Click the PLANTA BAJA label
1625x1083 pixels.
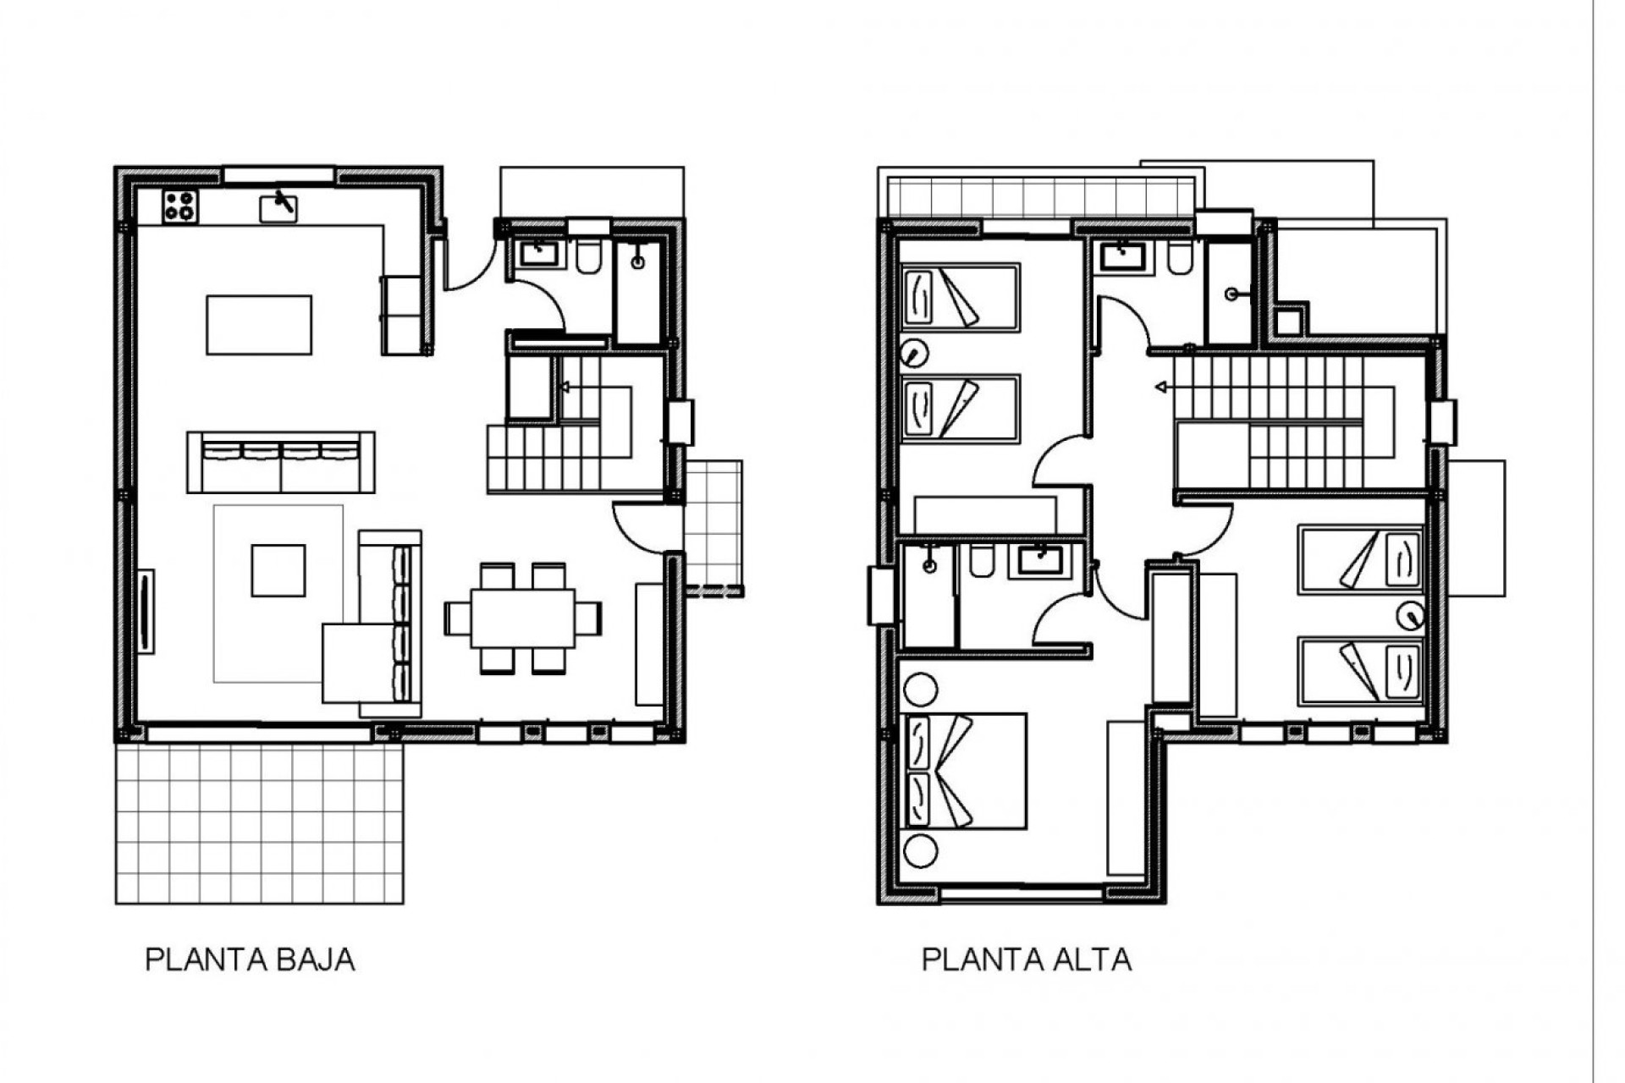[251, 960]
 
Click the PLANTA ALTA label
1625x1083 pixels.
[1026, 960]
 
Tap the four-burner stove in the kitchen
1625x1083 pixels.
[180, 206]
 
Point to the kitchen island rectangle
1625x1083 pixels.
[259, 325]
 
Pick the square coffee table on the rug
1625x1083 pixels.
[278, 571]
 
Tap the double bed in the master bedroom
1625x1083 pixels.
[966, 771]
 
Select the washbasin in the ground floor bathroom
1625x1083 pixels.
[537, 253]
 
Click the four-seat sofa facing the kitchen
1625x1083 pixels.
[281, 462]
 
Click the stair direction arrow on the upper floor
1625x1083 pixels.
[1162, 388]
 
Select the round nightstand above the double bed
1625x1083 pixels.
[920, 690]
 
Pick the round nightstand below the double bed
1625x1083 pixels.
[920, 850]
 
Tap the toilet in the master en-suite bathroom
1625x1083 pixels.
[981, 563]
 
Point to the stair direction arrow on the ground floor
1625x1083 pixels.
[565, 388]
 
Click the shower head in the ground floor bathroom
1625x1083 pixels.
[637, 262]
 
